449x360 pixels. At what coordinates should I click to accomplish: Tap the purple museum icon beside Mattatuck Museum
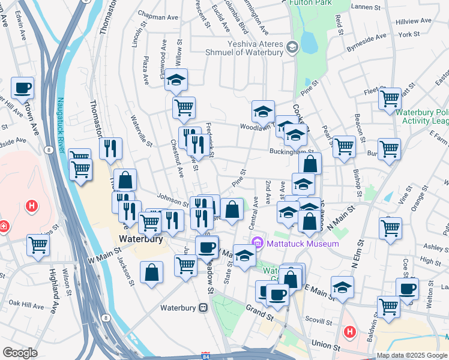[258, 243]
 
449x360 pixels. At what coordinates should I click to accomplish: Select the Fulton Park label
[311, 2]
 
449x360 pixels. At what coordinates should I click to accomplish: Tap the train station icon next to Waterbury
[203, 308]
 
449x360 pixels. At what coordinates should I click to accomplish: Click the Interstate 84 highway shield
[206, 355]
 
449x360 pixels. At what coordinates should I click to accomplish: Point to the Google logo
[20, 353]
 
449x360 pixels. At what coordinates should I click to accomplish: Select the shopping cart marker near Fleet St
[390, 98]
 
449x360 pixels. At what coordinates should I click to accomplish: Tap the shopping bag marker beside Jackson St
[152, 272]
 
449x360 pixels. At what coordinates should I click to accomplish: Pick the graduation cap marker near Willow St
[176, 80]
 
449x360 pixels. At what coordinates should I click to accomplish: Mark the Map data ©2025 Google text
[412, 355]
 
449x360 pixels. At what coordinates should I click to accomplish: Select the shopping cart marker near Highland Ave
[38, 245]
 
